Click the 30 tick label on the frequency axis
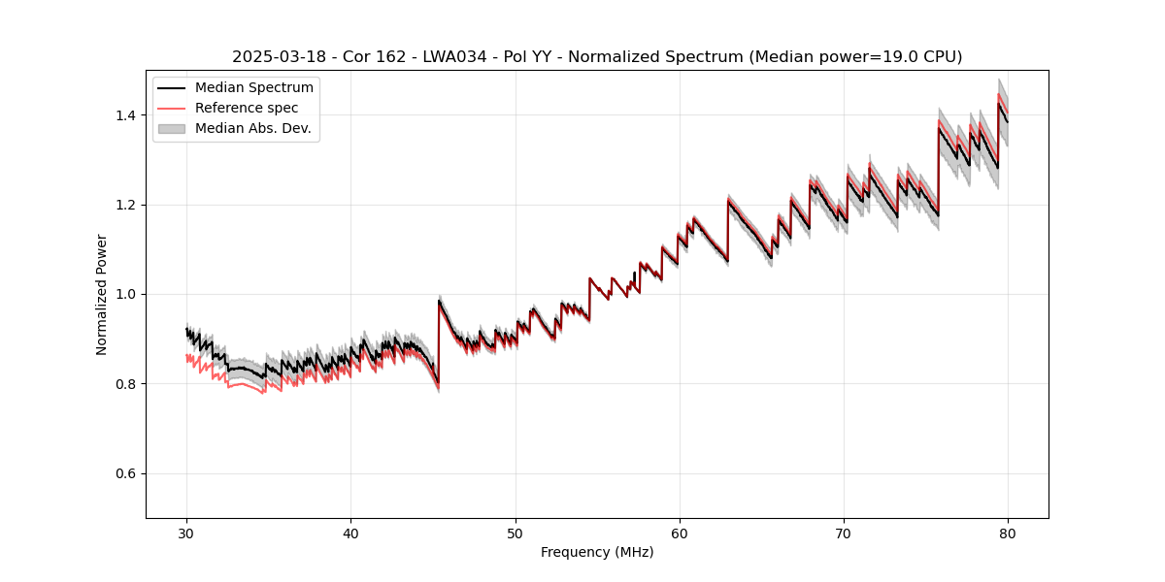187,533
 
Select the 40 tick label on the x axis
351,533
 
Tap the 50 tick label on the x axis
516,533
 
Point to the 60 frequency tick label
680,533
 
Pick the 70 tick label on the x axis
844,533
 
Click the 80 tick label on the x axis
1008,533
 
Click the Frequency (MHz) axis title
597,552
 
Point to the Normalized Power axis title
102,294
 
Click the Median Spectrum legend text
254,88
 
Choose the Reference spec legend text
247,108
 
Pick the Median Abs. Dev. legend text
253,128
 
